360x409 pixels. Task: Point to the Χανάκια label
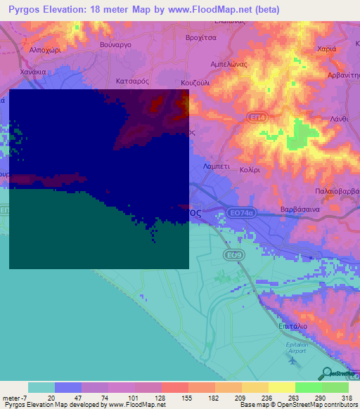coord(33,72)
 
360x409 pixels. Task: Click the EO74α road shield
coord(240,212)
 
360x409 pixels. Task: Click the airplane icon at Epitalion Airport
coord(292,361)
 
